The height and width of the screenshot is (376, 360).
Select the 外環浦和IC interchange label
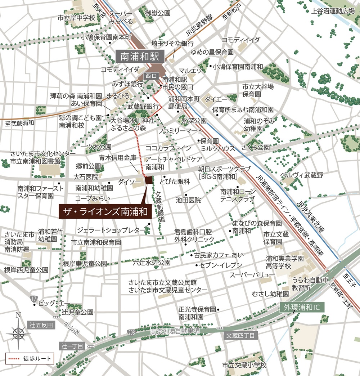coord(302,308)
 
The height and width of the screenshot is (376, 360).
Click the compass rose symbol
coord(18,331)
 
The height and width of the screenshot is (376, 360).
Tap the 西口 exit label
coord(150,76)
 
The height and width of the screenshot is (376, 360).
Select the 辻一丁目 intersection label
coord(72,346)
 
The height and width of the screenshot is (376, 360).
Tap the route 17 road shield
coord(34,298)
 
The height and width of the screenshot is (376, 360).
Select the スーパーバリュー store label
coord(252,275)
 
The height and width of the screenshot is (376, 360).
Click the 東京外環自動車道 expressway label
coord(175,331)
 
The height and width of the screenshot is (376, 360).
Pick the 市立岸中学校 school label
coord(76,17)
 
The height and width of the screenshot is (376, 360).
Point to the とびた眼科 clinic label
coord(175,182)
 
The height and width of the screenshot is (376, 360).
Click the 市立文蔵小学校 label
coord(244,365)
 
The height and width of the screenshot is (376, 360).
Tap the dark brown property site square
coord(148,180)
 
